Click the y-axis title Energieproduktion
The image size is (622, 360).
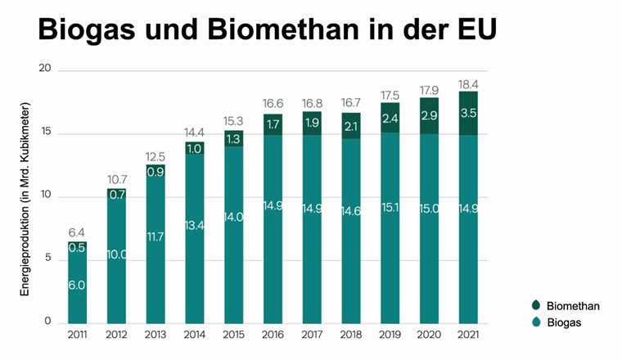[25, 199]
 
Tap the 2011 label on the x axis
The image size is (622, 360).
[78, 335]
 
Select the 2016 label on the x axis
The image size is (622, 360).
[273, 335]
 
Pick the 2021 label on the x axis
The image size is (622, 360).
[468, 335]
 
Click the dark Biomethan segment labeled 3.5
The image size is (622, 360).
[468, 113]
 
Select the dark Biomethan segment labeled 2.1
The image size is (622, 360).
[351, 126]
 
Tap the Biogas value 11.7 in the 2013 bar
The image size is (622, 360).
[155, 236]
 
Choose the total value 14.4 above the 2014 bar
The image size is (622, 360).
[195, 133]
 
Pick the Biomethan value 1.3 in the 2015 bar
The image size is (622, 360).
[234, 138]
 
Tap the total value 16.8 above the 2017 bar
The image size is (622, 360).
[312, 104]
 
